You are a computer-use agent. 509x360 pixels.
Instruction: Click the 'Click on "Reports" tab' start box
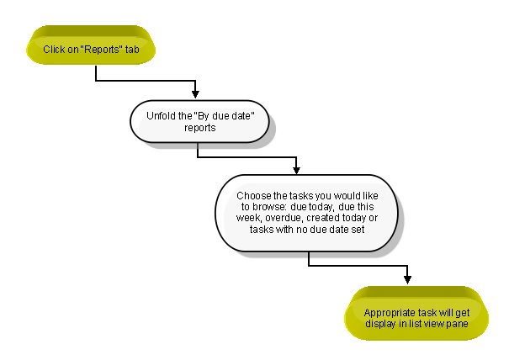coord(91,45)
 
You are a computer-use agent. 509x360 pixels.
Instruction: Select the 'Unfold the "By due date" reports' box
coord(199,121)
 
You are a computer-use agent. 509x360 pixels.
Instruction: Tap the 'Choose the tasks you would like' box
coord(306,213)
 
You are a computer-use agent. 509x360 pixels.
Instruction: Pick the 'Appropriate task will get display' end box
coord(416,313)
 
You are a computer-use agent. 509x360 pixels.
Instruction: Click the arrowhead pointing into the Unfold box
coord(195,94)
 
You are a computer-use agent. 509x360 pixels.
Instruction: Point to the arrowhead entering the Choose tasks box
coord(296,170)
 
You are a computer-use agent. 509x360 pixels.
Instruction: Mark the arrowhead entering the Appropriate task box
coord(408,279)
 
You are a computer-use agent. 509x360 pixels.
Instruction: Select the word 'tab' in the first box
coord(132,50)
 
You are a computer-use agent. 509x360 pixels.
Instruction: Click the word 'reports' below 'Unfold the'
coord(200,128)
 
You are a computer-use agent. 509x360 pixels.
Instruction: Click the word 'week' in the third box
coord(248,218)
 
